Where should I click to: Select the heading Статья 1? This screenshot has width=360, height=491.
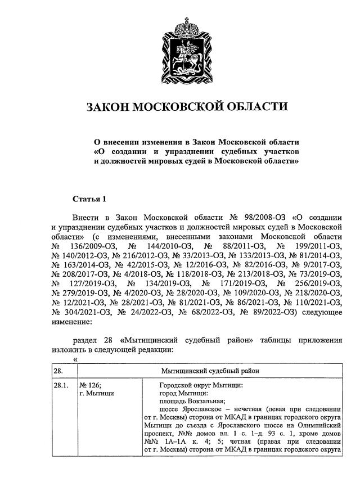pos(89,199)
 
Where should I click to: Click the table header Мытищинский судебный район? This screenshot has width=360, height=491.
pos(210,371)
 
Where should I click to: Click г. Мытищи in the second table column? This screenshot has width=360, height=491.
pos(97,394)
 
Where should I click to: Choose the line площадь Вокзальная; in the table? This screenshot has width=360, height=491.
pos(192,401)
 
